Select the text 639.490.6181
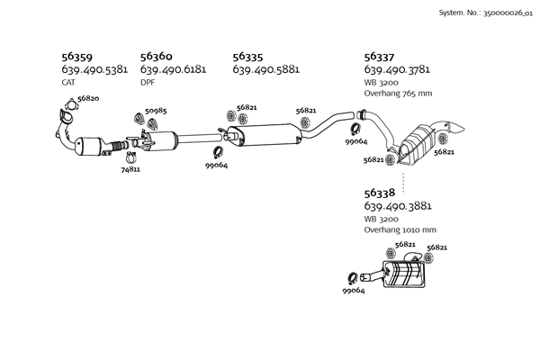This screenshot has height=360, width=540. pyautogui.click(x=174, y=69)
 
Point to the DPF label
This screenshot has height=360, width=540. pyautogui.click(x=148, y=82)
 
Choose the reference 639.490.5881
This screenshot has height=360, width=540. pyautogui.click(x=265, y=69)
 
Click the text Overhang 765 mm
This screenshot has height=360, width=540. pyautogui.click(x=398, y=93)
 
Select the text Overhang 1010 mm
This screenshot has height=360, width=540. pyautogui.click(x=400, y=229)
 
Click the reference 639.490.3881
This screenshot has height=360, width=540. pyautogui.click(x=398, y=206)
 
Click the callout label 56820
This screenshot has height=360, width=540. pyautogui.click(x=88, y=98)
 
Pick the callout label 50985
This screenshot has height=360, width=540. pyautogui.click(x=155, y=111)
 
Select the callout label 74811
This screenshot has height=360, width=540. pyautogui.click(x=130, y=168)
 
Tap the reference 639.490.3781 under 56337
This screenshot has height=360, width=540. pyautogui.click(x=398, y=69)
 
